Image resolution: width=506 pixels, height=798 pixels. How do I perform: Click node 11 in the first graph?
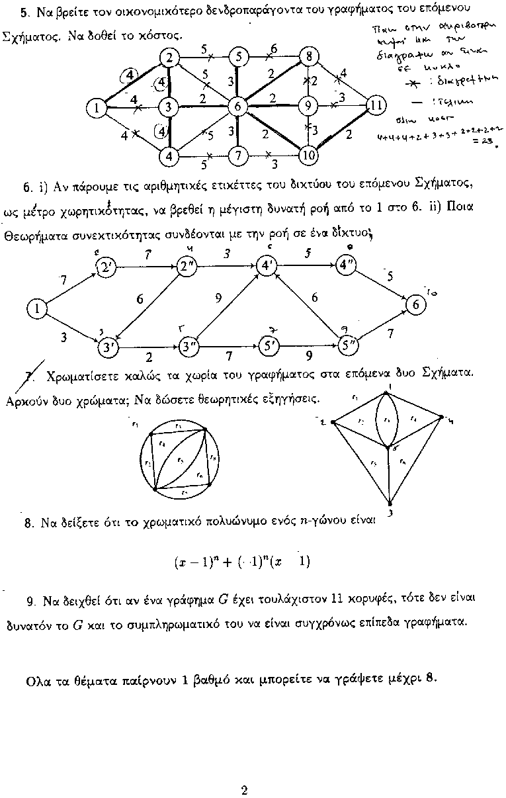coord(375,106)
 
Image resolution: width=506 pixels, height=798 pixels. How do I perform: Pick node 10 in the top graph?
coord(308,156)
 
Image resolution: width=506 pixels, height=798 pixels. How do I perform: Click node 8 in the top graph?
coord(308,57)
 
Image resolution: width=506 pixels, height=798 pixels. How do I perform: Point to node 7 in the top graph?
coord(237,156)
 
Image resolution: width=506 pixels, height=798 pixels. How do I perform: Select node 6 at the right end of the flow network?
coord(416,305)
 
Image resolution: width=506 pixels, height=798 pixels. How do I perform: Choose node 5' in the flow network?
coord(269,345)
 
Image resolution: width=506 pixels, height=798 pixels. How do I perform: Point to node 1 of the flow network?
coord(36,308)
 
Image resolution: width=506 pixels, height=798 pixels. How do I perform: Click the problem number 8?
coord(28,523)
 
